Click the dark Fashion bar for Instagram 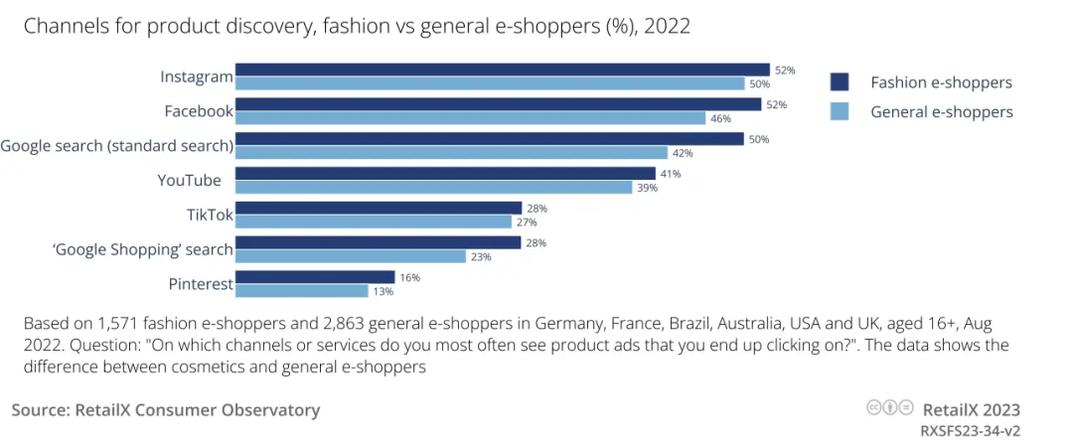(502, 70)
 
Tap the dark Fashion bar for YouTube (445, 173)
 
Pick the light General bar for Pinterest (301, 291)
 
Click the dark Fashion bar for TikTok (378, 208)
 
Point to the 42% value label (682, 153)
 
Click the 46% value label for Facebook (721, 118)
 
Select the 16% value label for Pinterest (410, 277)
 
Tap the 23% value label (481, 256)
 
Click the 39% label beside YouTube (647, 188)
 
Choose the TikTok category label (210, 215)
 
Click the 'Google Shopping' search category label (142, 249)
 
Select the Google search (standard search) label (116, 146)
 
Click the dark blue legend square (839, 81)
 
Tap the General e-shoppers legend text (941, 111)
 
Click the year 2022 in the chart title (667, 26)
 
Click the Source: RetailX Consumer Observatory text (166, 409)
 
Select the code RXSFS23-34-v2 (970, 430)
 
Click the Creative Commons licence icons (890, 408)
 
